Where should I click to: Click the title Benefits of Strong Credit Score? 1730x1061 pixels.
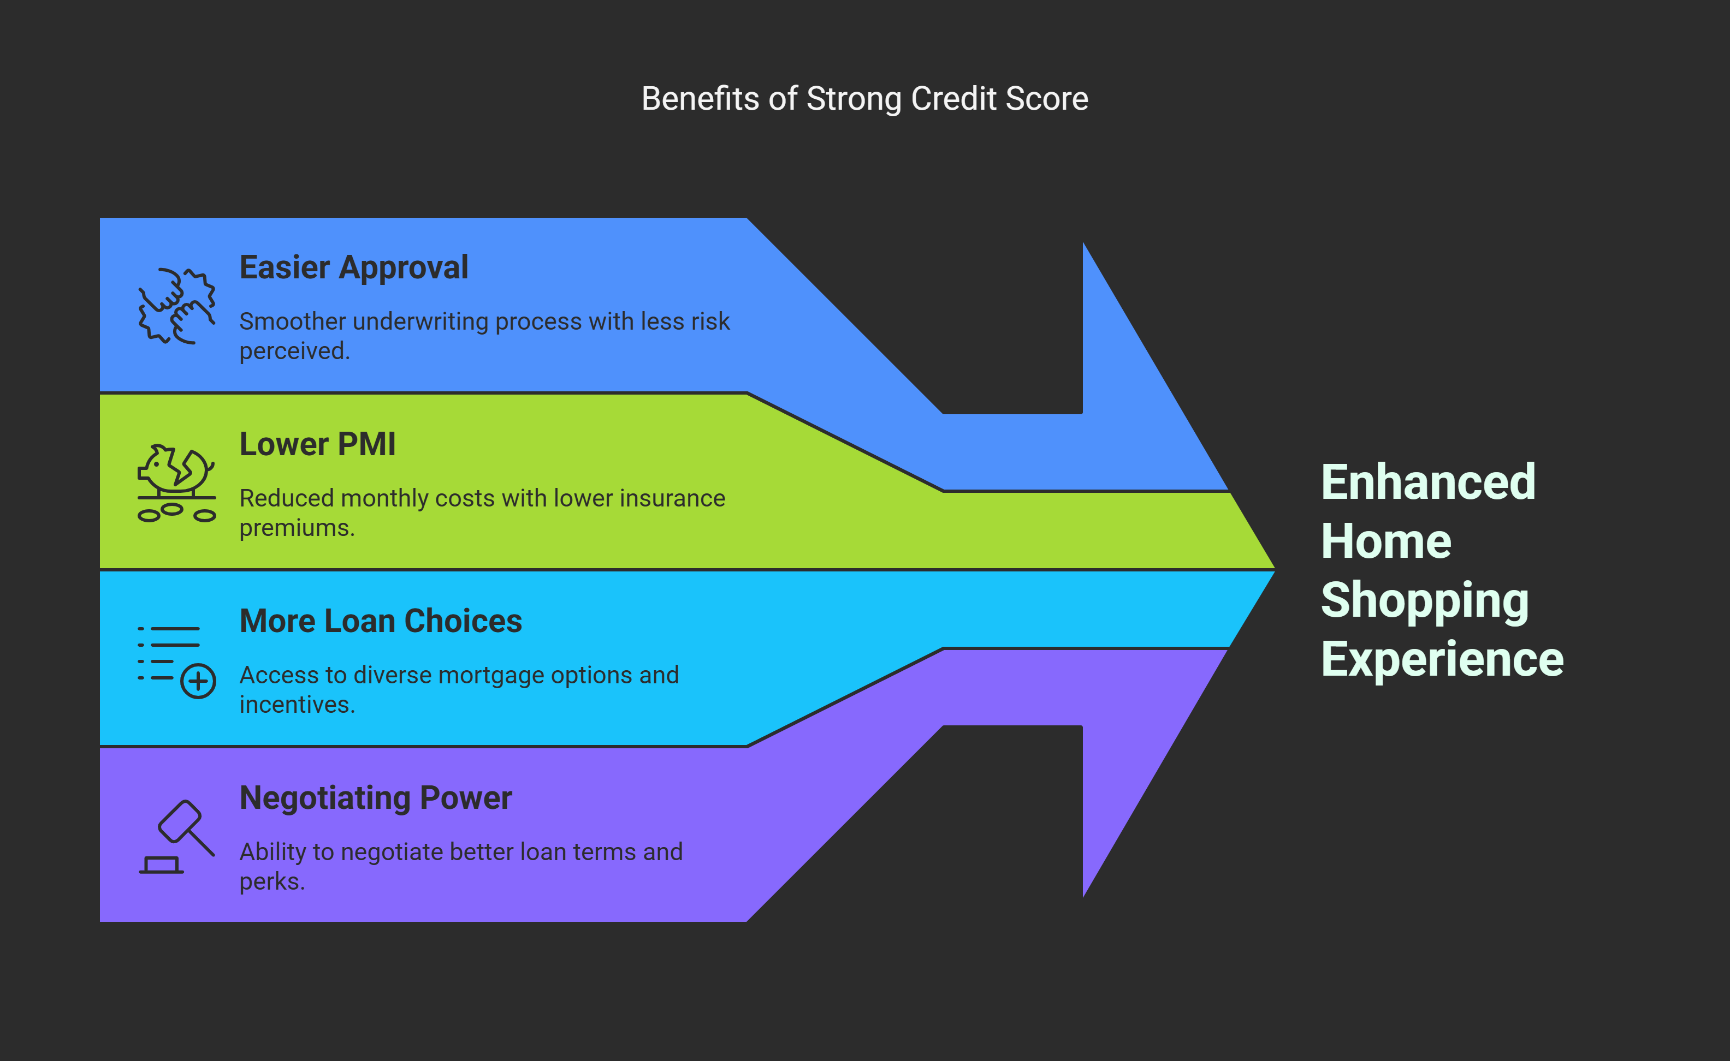864,99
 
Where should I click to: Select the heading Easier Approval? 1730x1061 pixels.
353,267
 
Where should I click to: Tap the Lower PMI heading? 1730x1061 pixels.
317,444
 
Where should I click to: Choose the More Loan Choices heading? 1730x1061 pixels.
381,621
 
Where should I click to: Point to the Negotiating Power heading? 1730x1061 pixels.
376,798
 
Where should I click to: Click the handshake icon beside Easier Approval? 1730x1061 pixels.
176,306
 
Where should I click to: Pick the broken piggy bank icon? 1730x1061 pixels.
176,483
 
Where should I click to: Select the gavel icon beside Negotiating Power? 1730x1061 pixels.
176,837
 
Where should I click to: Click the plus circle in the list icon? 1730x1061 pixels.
198,681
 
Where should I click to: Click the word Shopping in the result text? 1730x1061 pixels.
1425,601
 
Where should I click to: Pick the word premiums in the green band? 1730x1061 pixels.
297,528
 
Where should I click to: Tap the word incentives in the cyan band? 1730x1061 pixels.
297,705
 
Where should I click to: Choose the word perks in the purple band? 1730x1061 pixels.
272,881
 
